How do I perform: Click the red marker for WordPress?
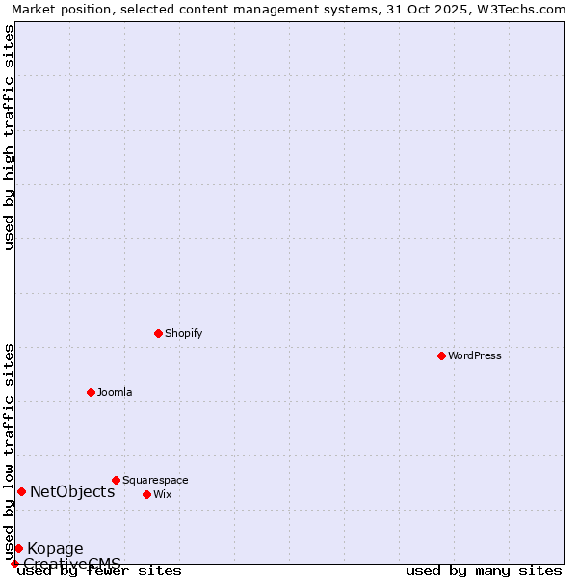(x=441, y=355)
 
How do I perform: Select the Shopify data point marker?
(x=158, y=333)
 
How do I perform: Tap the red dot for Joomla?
(x=91, y=392)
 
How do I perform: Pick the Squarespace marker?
(x=116, y=480)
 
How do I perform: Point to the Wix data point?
(x=146, y=494)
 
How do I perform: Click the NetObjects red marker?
(x=21, y=491)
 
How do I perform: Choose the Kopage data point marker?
(x=18, y=548)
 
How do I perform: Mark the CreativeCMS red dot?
(x=14, y=564)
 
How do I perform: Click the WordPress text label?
(x=475, y=355)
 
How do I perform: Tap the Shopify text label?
(x=183, y=333)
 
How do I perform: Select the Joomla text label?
(x=115, y=392)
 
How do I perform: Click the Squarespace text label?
(x=155, y=480)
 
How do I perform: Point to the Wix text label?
(x=163, y=494)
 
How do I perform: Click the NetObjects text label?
(x=72, y=491)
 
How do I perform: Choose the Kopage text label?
(x=55, y=549)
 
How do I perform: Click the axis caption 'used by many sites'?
(x=484, y=571)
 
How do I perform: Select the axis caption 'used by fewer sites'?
(x=99, y=571)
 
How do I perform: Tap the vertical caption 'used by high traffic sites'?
(x=9, y=137)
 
